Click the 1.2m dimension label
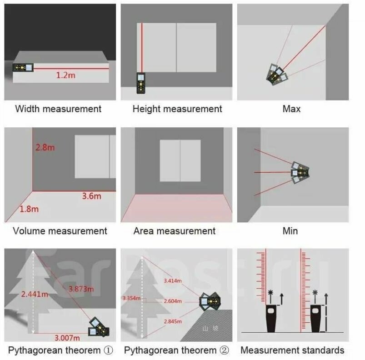click(x=65, y=75)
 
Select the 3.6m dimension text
click(x=91, y=196)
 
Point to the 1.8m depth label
click(x=29, y=209)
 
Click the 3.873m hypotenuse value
click(x=81, y=289)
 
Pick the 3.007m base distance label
click(x=67, y=337)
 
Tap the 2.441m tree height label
click(x=35, y=294)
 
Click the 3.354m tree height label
click(x=131, y=298)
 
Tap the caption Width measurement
click(x=58, y=109)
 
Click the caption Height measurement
click(x=177, y=109)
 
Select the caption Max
click(x=291, y=109)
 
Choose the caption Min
click(x=290, y=231)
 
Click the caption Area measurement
click(x=175, y=231)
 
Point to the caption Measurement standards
click(x=292, y=350)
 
